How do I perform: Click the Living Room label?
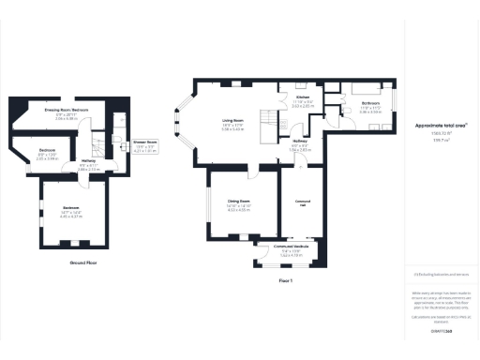[x=233, y=125]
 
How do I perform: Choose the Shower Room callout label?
[x=145, y=144]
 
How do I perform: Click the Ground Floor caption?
[x=84, y=263]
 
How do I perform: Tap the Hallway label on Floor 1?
[x=299, y=145]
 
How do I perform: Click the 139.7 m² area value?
[x=442, y=137]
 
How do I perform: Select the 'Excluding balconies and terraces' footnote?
[x=442, y=275]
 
